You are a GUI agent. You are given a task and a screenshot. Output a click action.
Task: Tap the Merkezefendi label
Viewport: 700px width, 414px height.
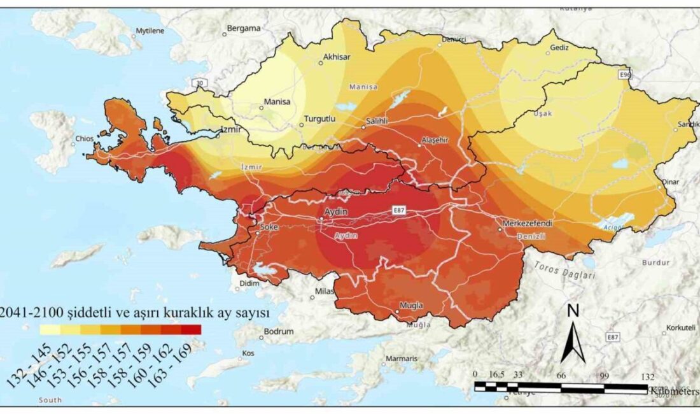point(525,224)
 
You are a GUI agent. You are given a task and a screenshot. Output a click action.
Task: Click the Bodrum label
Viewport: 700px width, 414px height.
point(279,331)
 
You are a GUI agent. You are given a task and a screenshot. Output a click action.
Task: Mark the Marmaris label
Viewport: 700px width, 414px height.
point(402,359)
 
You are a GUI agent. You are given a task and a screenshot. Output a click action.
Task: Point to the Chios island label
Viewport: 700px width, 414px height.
point(84,138)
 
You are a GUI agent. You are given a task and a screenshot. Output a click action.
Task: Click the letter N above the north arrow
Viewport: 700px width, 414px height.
point(573,311)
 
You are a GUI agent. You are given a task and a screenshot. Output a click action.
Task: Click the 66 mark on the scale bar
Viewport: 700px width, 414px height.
point(561,376)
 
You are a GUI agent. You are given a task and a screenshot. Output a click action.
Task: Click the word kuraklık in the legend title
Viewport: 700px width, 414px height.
point(197,313)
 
